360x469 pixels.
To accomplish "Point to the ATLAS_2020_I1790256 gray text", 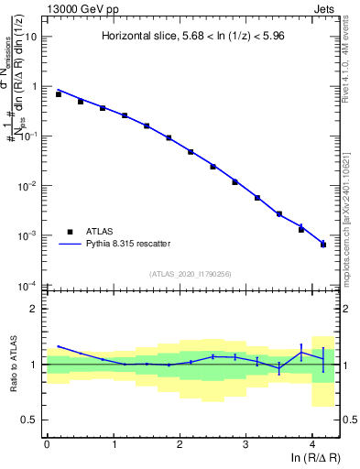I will pyautogui.click(x=190, y=274).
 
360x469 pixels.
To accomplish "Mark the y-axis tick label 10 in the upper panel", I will pyautogui.click(x=30, y=37).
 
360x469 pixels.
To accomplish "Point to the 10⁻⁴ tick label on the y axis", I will pyautogui.click(x=28, y=285).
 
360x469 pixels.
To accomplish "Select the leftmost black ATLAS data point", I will pyautogui.click(x=59, y=94).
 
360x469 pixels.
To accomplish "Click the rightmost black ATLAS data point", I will pyautogui.click(x=323, y=244).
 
